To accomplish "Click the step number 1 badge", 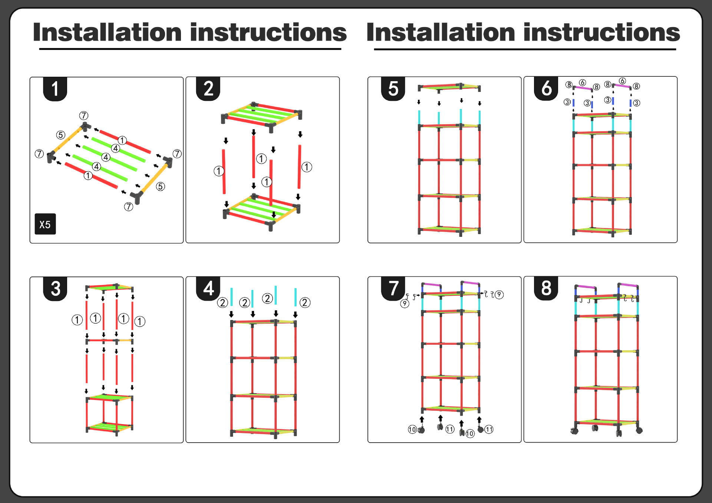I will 55,89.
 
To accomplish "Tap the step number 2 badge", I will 208,89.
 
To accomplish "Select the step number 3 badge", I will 55,289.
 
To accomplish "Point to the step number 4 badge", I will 208,288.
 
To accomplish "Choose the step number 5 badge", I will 393,89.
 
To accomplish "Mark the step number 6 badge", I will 546,89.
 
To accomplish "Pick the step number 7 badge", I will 393,288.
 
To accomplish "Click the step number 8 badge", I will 546,288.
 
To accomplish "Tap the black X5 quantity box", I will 45,224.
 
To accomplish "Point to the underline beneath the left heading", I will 190,49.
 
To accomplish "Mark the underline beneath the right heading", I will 525,49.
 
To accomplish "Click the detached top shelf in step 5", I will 449,87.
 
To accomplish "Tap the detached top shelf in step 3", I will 109,287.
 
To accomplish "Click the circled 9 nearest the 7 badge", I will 405,304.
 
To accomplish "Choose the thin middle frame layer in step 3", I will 109,340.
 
